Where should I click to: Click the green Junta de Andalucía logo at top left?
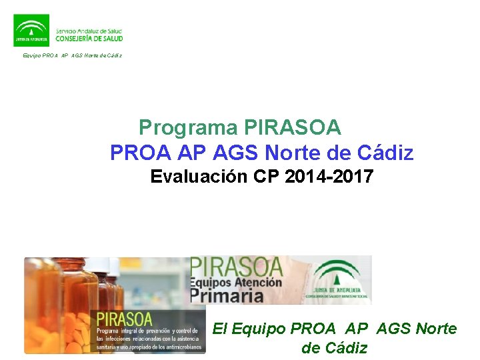click(x=31, y=30)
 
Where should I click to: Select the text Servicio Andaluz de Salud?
click(x=89, y=30)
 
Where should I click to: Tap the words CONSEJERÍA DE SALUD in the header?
click(x=89, y=38)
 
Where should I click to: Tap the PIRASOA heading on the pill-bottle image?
click(x=125, y=319)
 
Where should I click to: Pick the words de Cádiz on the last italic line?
click(x=334, y=348)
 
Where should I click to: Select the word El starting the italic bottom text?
click(x=219, y=329)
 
